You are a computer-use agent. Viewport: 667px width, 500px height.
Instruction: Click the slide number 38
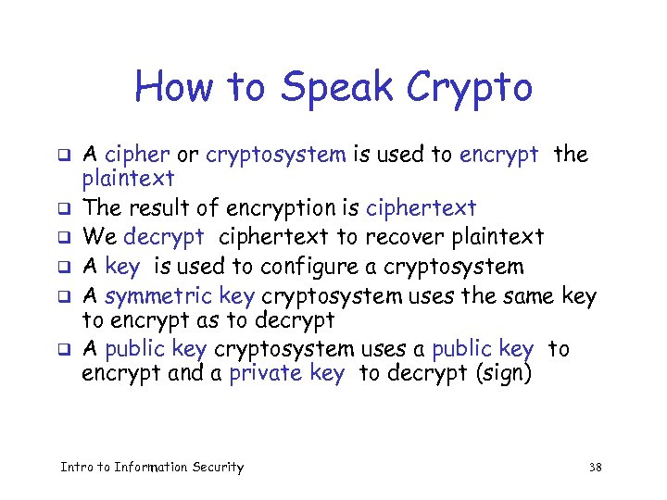click(x=595, y=468)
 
